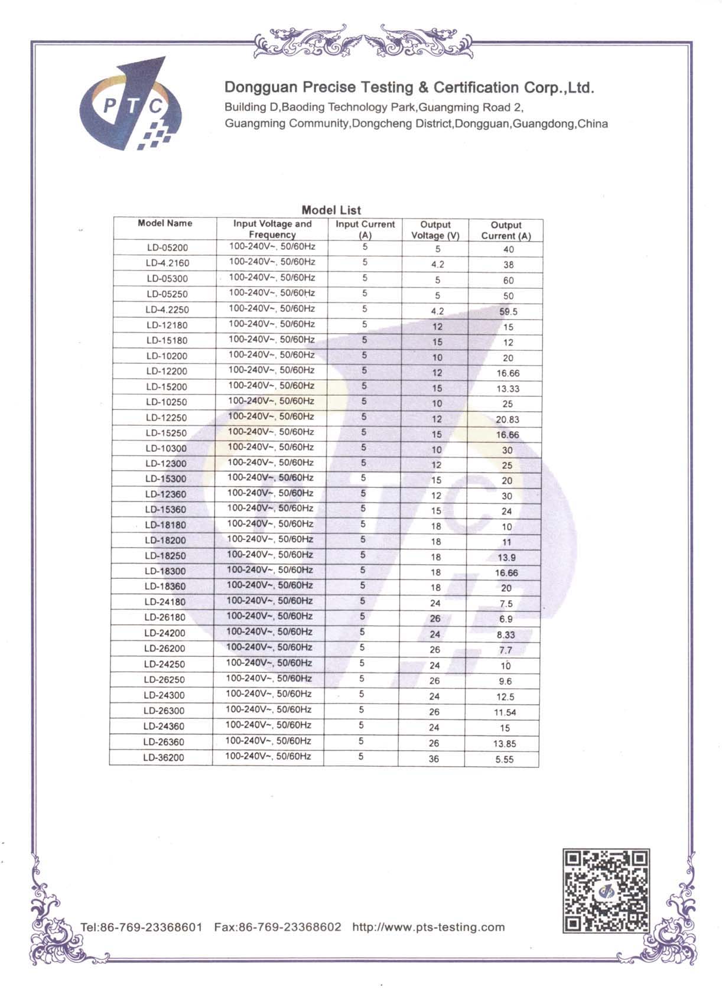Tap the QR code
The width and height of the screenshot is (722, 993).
click(606, 891)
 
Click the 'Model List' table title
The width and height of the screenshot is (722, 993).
click(331, 210)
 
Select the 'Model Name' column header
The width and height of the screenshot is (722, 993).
click(165, 223)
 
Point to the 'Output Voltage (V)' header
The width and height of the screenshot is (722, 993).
click(435, 230)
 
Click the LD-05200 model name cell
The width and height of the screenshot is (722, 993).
click(167, 248)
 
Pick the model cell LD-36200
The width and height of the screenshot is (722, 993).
click(164, 758)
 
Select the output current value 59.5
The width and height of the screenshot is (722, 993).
click(508, 311)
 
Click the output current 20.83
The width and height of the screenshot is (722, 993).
click(508, 419)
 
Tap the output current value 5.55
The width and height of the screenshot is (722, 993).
click(505, 760)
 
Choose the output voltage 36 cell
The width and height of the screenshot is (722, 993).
click(434, 759)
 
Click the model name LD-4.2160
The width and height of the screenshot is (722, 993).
click(167, 263)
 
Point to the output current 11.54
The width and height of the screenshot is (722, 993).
click(505, 712)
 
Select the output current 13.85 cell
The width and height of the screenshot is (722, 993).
click(505, 744)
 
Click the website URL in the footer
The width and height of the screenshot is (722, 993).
click(428, 927)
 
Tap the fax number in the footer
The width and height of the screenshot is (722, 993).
click(278, 927)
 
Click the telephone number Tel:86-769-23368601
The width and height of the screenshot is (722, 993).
click(141, 927)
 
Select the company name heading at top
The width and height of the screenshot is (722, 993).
click(409, 88)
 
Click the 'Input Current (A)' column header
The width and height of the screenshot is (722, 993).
click(365, 229)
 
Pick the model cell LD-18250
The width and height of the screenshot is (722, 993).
click(165, 556)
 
